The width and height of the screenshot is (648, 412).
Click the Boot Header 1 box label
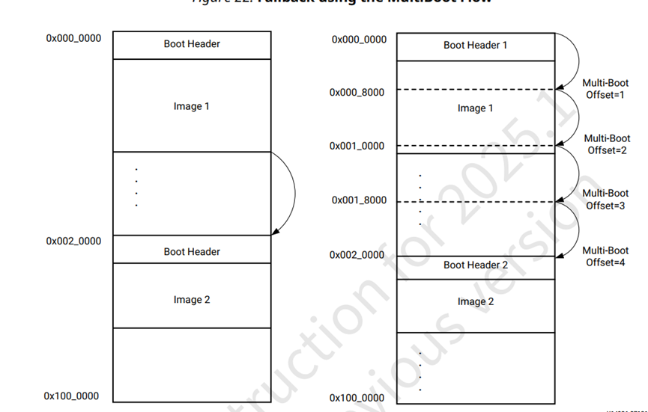(x=475, y=45)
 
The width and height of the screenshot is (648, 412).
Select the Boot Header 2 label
(x=475, y=265)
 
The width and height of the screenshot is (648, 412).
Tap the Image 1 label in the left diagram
(x=191, y=106)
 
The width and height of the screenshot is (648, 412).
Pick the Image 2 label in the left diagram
(x=191, y=299)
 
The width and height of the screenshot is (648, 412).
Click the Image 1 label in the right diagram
(x=475, y=108)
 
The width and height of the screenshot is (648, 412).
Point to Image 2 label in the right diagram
(x=475, y=301)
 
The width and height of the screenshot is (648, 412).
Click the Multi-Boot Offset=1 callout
(x=605, y=90)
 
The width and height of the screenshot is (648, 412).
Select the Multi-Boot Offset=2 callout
(x=606, y=144)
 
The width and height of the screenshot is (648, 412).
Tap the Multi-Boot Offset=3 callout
(x=605, y=200)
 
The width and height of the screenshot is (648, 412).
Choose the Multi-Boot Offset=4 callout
(x=605, y=256)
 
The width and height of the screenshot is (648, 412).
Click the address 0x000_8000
(x=357, y=93)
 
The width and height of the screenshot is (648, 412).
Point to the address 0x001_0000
(x=357, y=146)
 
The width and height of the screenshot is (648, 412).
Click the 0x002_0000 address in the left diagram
(x=73, y=242)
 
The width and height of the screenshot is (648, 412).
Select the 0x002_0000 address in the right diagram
(x=357, y=255)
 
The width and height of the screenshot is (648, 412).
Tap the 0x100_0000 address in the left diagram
(x=71, y=396)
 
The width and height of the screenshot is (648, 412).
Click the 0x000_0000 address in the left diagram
(x=73, y=38)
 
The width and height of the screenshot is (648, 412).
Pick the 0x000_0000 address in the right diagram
(x=359, y=39)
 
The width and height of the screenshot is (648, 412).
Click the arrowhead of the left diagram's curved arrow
(x=274, y=233)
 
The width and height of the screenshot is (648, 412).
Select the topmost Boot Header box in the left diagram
(x=191, y=44)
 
